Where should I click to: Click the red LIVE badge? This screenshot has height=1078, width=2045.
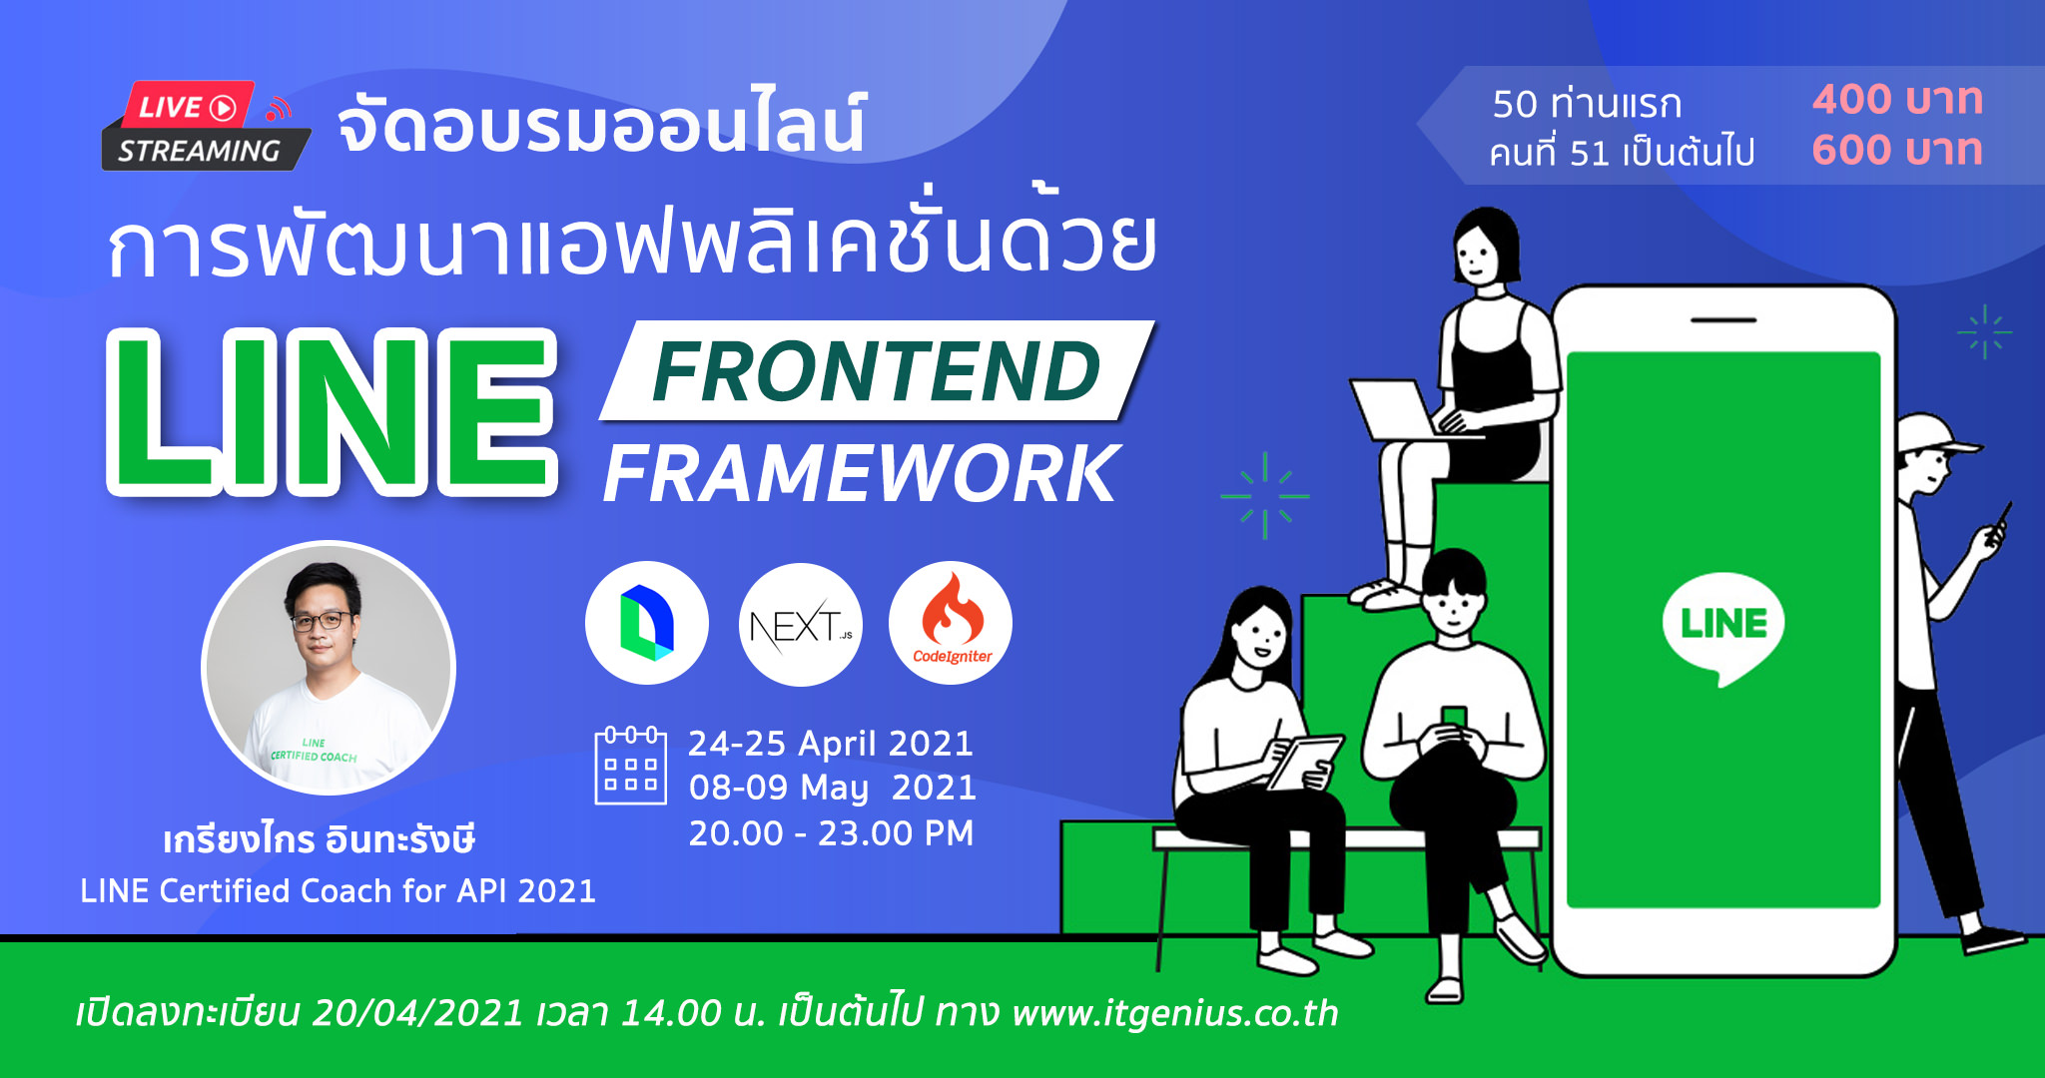point(188,105)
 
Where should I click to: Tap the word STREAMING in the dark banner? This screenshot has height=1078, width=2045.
point(199,151)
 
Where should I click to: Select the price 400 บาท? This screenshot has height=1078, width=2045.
point(1897,99)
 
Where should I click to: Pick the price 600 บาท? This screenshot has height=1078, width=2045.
point(1897,150)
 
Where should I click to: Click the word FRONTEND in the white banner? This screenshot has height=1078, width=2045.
point(876,371)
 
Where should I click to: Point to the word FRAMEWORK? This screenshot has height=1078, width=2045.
point(862,474)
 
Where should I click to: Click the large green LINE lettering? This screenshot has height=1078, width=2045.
point(332,412)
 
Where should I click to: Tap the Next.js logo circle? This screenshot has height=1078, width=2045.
point(800,625)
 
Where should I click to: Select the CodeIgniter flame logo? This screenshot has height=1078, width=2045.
point(951,623)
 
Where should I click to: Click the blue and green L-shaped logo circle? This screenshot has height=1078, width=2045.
point(647,623)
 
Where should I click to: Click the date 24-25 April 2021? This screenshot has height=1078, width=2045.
point(831,744)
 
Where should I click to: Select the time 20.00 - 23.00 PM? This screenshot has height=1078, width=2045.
point(831,832)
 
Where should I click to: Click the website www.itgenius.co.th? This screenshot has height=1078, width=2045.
point(1174,1012)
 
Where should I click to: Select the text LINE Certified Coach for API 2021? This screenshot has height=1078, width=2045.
point(338,890)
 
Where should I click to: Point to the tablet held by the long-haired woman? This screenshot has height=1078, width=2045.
point(1304,762)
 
